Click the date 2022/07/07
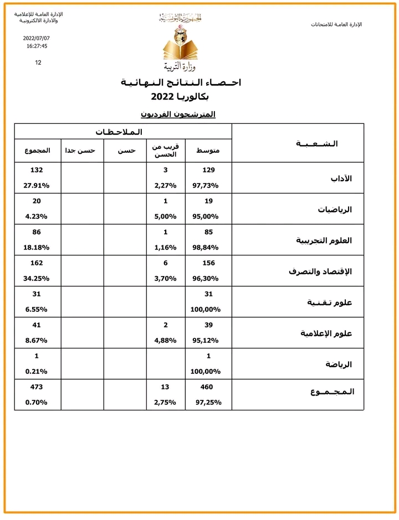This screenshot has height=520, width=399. click(37, 38)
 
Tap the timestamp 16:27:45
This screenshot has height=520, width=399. click(37, 46)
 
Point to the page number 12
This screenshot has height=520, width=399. click(38, 63)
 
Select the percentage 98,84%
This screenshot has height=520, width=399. click(206, 247)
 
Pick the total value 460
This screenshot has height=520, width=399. click(207, 387)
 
